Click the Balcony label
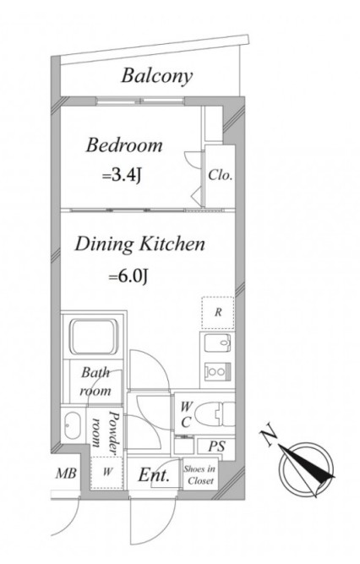[157, 76]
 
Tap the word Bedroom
[124, 145]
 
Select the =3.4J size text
[121, 176]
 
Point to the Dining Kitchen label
[139, 244]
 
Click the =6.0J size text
[128, 277]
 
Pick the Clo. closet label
[221, 176]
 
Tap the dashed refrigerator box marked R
[218, 313]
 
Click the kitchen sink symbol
[217, 342]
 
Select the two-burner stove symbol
[217, 371]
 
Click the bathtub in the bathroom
[95, 337]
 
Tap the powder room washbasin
[73, 424]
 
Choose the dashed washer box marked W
[107, 472]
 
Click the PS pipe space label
[217, 446]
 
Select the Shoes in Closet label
[199, 475]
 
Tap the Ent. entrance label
[154, 475]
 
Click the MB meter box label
[66, 474]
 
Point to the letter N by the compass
[268, 436]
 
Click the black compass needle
[307, 463]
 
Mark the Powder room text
[105, 430]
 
